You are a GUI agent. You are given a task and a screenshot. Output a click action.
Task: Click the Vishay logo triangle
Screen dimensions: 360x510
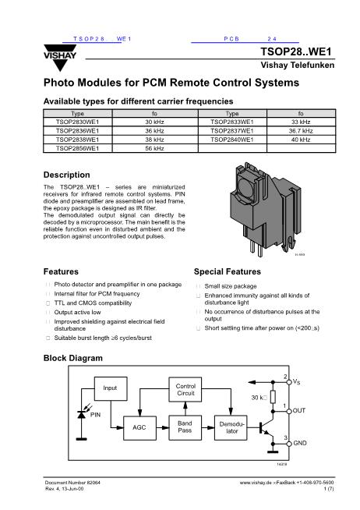[60, 58]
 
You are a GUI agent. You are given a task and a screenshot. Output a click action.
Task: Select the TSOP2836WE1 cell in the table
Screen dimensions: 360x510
[77, 131]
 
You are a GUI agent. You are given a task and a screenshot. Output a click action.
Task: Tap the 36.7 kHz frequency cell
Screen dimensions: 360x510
[301, 131]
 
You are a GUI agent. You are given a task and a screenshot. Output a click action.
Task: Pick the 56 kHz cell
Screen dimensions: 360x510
[154, 148]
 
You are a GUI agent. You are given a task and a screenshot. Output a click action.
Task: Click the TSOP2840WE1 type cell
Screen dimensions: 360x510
[232, 140]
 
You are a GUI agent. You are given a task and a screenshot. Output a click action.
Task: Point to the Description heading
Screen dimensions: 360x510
[66, 175]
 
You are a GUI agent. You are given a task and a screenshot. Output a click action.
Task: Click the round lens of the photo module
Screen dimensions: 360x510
[246, 186]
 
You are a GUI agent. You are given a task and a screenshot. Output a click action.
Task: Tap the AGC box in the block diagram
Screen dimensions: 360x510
[139, 427]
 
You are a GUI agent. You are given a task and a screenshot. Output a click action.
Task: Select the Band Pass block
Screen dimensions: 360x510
[185, 427]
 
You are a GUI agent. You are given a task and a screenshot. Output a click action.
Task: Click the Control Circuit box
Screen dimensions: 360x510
[185, 389]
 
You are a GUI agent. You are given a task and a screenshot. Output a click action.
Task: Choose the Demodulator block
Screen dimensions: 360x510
[231, 427]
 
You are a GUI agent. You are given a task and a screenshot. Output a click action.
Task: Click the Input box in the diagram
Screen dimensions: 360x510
[111, 388]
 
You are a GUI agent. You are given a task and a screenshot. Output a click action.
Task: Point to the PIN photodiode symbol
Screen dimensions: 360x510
[82, 414]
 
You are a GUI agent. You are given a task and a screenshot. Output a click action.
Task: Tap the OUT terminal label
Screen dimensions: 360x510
[299, 410]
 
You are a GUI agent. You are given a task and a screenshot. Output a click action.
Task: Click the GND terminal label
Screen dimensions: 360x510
[299, 443]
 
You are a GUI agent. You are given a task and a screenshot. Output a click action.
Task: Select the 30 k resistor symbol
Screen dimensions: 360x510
[273, 397]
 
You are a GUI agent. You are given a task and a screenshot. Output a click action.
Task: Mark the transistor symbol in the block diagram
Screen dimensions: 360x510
[266, 428]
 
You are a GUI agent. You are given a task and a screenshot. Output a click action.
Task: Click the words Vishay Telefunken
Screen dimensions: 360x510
[298, 65]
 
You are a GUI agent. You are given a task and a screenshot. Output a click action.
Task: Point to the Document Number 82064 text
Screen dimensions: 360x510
[72, 483]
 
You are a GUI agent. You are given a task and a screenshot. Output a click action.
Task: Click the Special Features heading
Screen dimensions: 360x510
[228, 271]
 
